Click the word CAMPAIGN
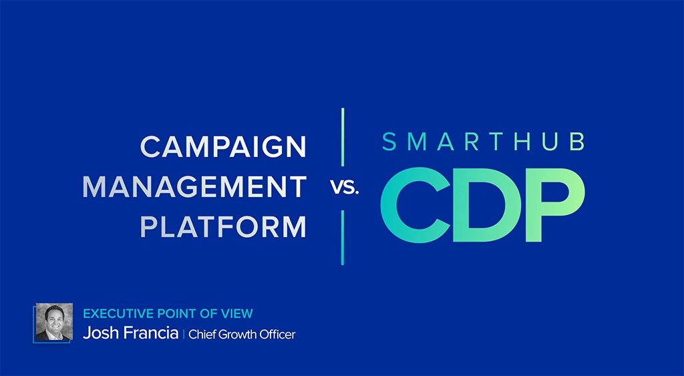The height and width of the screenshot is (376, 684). [224, 147]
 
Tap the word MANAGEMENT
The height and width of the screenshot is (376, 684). [194, 188]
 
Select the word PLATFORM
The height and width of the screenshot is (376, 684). [224, 227]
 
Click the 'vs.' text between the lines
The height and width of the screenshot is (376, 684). [345, 188]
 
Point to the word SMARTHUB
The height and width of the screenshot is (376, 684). [484, 142]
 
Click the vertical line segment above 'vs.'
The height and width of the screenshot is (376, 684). [343, 137]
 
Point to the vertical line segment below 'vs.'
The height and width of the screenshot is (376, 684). [343, 237]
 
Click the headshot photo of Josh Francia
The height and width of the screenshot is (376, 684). [53, 322]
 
